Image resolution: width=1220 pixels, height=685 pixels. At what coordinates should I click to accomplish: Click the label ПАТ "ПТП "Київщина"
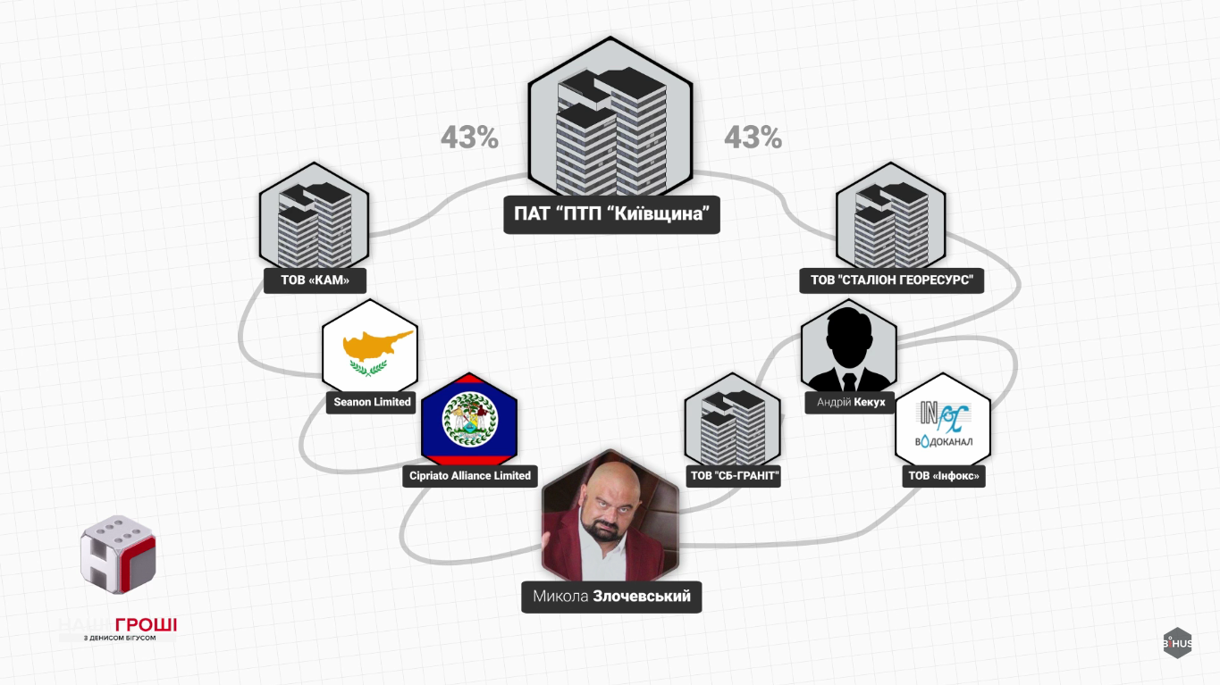coord(611,214)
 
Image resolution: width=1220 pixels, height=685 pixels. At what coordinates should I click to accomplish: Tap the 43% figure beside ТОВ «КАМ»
coord(469,138)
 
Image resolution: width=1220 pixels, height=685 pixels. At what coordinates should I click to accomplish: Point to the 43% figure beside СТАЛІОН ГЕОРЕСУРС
coord(753,138)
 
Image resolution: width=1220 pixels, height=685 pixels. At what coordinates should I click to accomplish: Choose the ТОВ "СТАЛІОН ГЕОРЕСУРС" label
coord(891,280)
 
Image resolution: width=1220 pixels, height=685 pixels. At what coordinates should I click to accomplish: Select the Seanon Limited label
coord(372,402)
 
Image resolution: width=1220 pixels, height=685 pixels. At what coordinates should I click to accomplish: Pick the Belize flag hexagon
coord(469,420)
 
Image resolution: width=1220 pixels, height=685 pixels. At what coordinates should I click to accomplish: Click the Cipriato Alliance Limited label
coord(470,475)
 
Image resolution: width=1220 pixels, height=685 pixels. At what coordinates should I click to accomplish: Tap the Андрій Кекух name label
coord(850,403)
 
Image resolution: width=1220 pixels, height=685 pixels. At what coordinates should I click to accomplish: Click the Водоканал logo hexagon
coord(944,423)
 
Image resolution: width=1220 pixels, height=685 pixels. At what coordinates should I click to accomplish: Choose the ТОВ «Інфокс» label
coord(944,476)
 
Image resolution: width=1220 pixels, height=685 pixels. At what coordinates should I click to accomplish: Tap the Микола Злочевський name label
coord(611,597)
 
